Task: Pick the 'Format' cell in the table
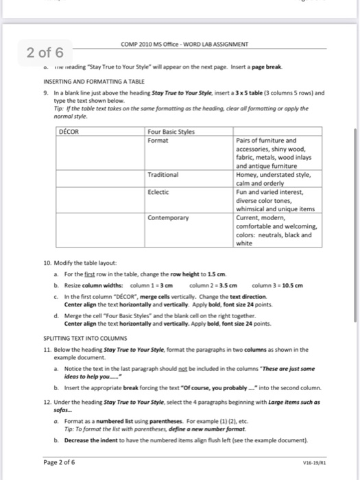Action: (x=158, y=140)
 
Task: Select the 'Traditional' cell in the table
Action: (x=163, y=175)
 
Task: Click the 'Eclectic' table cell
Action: (x=158, y=192)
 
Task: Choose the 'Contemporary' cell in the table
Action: (x=168, y=218)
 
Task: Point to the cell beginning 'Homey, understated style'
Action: (x=273, y=179)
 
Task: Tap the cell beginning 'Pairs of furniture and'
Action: (x=273, y=153)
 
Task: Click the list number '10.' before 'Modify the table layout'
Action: (x=47, y=263)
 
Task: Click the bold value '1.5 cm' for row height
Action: (x=217, y=274)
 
